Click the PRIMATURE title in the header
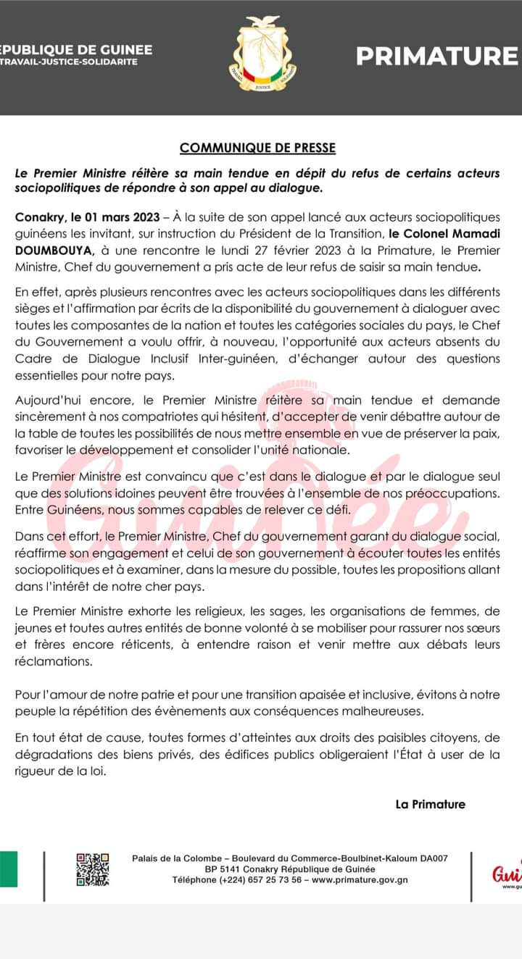(x=436, y=56)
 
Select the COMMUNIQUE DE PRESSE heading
(x=258, y=148)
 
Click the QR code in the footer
(x=92, y=869)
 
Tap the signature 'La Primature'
(x=430, y=804)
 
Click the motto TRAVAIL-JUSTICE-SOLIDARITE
(x=69, y=62)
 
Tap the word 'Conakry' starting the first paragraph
(x=38, y=217)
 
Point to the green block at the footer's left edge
(x=8, y=869)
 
